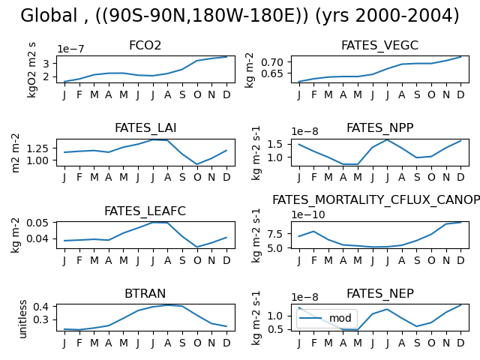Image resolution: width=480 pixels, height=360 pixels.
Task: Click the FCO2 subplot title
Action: tap(145, 45)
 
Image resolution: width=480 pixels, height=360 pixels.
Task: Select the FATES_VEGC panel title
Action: tap(379, 46)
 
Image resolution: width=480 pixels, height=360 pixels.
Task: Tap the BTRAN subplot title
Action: tap(145, 293)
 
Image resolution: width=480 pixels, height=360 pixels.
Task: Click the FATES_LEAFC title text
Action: tap(145, 211)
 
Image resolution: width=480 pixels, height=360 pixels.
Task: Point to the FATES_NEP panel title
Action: tap(380, 294)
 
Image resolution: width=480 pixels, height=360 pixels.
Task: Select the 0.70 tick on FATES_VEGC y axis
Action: tap(271, 62)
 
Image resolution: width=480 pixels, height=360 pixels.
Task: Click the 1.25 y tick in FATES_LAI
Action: tap(37, 148)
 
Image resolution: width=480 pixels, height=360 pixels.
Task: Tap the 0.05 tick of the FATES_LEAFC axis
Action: tap(37, 223)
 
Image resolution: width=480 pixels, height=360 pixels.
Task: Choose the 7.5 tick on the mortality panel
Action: tap(275, 234)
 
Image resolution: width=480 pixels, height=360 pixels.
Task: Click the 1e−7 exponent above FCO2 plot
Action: tap(70, 49)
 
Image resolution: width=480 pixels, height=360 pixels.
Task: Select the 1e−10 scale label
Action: tap(308, 214)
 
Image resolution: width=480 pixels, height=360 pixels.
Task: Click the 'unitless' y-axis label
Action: tap(23, 319)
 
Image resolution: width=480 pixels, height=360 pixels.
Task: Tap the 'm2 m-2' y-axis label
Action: tap(15, 153)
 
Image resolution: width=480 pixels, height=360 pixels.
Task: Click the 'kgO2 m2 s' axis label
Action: tap(31, 70)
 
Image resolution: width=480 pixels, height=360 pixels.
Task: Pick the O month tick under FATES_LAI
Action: tap(197, 177)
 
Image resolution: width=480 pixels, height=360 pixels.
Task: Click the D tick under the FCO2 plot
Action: tap(226, 95)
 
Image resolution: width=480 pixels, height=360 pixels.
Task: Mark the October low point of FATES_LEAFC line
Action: tap(197, 247)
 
